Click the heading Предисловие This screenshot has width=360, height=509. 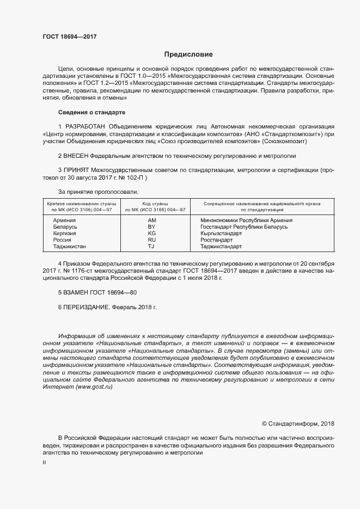(188, 54)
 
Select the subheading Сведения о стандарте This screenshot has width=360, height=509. (91, 113)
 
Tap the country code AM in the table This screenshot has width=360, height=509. (152, 220)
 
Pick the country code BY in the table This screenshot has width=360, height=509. (152, 226)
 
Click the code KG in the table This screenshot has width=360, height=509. (152, 233)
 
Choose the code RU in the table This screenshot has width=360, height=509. (152, 240)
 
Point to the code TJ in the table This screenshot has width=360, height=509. (152, 246)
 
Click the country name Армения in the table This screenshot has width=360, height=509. (64, 220)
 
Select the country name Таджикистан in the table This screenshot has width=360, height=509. (69, 246)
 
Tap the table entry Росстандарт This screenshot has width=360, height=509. (216, 240)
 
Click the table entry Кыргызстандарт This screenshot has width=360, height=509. (221, 233)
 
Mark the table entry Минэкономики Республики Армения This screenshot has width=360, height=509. (246, 220)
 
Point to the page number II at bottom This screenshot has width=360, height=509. (44, 462)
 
